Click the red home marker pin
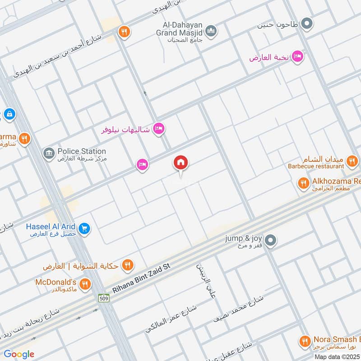(x=181, y=163)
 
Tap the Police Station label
(x=82, y=152)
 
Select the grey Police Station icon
(x=49, y=153)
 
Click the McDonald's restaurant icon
(x=84, y=284)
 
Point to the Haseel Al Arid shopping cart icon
(x=83, y=229)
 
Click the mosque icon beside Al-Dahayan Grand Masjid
(x=211, y=31)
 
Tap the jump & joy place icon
(x=270, y=240)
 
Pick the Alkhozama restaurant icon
(x=303, y=183)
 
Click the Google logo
(x=19, y=354)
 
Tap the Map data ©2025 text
(x=337, y=356)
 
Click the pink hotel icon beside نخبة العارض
(x=297, y=56)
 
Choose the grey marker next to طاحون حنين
(x=307, y=23)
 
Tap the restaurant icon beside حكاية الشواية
(x=128, y=265)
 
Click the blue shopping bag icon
(x=9, y=115)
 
